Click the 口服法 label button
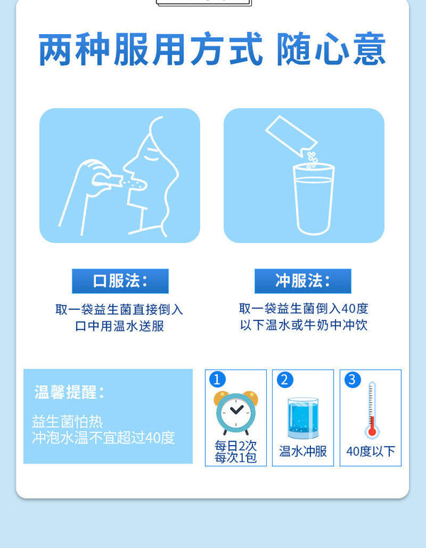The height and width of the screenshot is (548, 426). pyautogui.click(x=120, y=281)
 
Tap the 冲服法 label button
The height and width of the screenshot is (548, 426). pyautogui.click(x=302, y=281)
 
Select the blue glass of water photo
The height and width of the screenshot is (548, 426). pyautogui.click(x=303, y=418)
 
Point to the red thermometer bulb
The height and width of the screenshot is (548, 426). pyautogui.click(x=372, y=431)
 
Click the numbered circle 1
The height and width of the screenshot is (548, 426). pyautogui.click(x=217, y=380)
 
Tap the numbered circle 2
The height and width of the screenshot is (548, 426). pyautogui.click(x=285, y=380)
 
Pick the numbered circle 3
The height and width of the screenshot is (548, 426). pyautogui.click(x=352, y=380)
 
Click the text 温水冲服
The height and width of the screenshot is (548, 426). pyautogui.click(x=302, y=451)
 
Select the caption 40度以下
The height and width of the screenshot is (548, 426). pyautogui.click(x=371, y=451)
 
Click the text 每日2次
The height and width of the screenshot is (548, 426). pyautogui.click(x=236, y=446)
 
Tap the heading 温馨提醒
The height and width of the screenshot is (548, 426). pyautogui.click(x=69, y=392)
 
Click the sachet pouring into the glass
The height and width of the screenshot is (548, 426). pyautogui.click(x=291, y=136)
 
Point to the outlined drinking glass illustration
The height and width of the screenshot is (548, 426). pyautogui.click(x=314, y=198)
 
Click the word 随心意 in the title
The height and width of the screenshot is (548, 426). pyautogui.click(x=331, y=49)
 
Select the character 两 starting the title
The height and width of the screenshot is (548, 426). pyautogui.click(x=55, y=49)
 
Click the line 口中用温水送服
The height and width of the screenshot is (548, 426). pyautogui.click(x=119, y=326)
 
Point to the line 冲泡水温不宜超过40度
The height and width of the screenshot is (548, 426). pyautogui.click(x=104, y=438)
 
